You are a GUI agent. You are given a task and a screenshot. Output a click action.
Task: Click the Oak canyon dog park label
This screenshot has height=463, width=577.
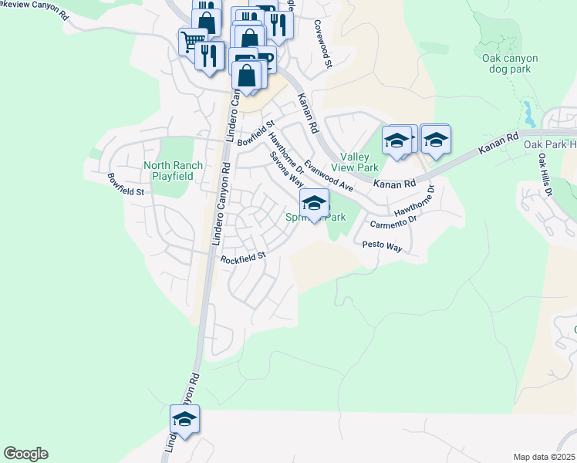tap(510, 63)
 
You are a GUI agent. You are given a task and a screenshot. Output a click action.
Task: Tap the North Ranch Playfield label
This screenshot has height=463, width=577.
tap(174, 171)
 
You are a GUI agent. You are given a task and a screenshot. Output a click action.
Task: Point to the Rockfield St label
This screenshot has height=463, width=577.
tap(242, 258)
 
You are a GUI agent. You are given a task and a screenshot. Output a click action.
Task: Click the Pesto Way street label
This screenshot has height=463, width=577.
tap(383, 245)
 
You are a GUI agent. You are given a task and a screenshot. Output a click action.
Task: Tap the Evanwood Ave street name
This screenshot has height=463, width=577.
tap(328, 176)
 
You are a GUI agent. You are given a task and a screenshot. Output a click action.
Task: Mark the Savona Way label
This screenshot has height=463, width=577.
tap(286, 169)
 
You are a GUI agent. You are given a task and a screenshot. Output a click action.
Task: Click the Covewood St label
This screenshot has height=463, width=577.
tap(322, 44)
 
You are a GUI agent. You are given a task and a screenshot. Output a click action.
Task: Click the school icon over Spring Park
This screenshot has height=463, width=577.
tap(314, 204)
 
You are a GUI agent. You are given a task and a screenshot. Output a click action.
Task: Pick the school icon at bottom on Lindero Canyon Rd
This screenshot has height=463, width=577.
tap(184, 420)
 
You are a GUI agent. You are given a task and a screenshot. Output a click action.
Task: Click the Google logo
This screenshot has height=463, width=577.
tap(25, 454)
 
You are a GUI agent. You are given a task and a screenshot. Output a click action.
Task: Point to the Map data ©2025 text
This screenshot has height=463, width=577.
tap(544, 457)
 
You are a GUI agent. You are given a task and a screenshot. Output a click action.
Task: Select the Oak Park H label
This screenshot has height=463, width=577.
tap(550, 144)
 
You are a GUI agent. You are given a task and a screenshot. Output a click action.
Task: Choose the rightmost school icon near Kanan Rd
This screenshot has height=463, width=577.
tap(436, 139)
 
